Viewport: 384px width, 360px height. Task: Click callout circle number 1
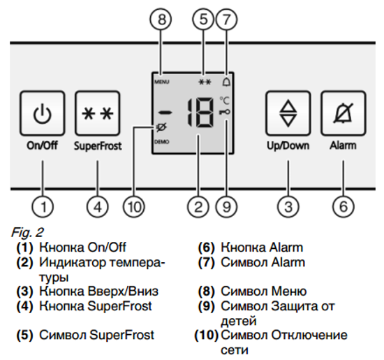click(x=43, y=206)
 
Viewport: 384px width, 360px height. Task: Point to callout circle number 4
click(x=98, y=206)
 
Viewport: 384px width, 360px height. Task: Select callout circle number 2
click(x=198, y=206)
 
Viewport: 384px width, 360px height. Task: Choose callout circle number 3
click(x=288, y=206)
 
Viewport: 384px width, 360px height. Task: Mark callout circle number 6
click(x=343, y=206)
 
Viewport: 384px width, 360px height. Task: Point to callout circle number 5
click(x=204, y=19)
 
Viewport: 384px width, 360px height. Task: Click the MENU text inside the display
click(x=161, y=81)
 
